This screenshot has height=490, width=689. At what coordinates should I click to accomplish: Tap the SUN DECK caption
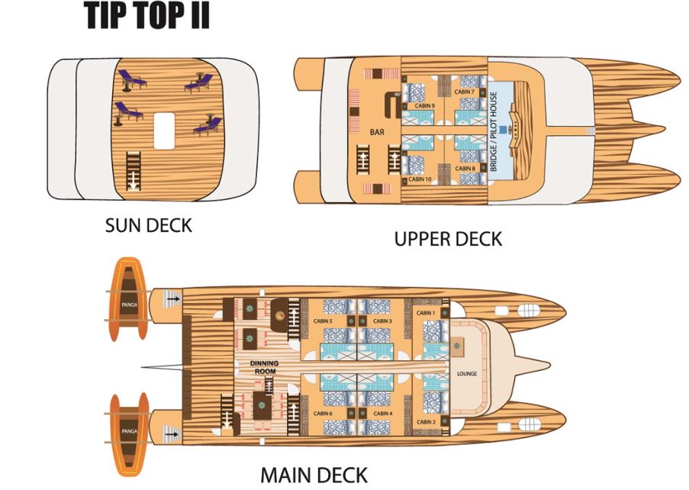(x=148, y=226)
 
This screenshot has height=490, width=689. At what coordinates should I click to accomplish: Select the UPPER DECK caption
(x=448, y=239)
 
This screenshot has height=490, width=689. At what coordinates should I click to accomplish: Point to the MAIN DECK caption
(x=314, y=475)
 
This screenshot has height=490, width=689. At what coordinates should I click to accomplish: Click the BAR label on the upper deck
(x=376, y=131)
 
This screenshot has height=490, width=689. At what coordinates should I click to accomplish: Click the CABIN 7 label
(x=465, y=92)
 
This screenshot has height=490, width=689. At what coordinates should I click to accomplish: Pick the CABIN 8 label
(x=465, y=167)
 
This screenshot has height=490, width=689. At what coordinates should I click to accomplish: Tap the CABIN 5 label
(x=322, y=321)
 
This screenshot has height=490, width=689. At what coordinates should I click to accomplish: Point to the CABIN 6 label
(x=322, y=413)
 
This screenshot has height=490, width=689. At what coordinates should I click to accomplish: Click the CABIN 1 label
(x=425, y=313)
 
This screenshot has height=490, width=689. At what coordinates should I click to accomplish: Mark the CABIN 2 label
(x=425, y=421)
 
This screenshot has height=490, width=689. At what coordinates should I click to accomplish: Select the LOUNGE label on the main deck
(x=466, y=374)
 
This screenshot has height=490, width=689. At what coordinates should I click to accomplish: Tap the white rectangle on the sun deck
(x=165, y=131)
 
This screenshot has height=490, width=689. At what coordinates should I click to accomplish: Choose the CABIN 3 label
(x=383, y=321)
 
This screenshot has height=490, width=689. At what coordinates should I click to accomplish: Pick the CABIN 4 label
(x=383, y=413)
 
